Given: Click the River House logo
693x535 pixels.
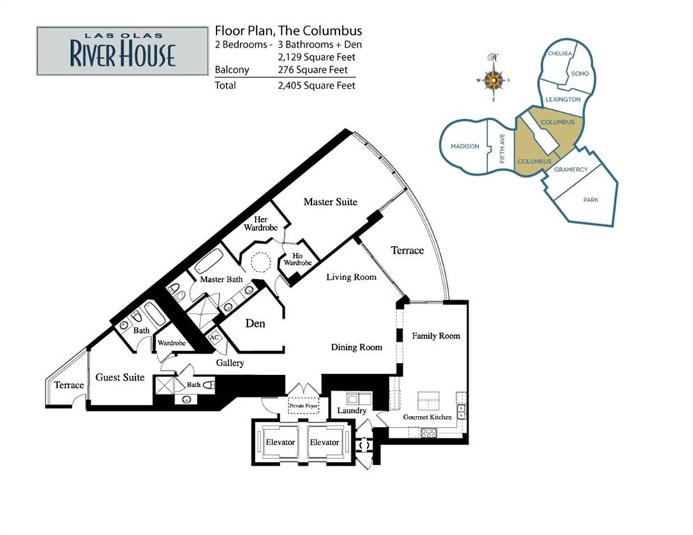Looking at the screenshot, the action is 123,51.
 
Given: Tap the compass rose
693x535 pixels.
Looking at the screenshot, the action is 493,79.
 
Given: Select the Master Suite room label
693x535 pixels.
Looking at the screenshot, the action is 330,201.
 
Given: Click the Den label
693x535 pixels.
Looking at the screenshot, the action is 255,323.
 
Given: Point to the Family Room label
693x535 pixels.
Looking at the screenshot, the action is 436,336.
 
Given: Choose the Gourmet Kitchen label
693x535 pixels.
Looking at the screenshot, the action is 428,417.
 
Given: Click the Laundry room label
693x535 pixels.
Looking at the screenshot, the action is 352,411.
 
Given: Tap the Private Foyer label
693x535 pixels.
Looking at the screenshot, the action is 303,405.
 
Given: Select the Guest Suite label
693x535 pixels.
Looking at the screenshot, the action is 120,377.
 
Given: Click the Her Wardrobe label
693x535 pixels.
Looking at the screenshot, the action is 260,224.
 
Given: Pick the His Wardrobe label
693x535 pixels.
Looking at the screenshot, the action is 297,259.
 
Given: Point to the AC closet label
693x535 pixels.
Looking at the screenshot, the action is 215,339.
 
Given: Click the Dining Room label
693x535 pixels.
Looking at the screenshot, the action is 357,347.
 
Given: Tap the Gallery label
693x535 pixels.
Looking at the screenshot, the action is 230,363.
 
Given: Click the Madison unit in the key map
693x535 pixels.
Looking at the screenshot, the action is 465,146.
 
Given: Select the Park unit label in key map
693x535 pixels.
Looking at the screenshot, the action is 591,200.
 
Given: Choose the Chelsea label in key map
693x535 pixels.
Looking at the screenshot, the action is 559,54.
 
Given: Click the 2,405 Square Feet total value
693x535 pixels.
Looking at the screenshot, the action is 316,85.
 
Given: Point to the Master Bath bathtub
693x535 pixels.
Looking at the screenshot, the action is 209,261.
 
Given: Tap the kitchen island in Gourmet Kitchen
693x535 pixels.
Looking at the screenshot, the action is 429,401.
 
